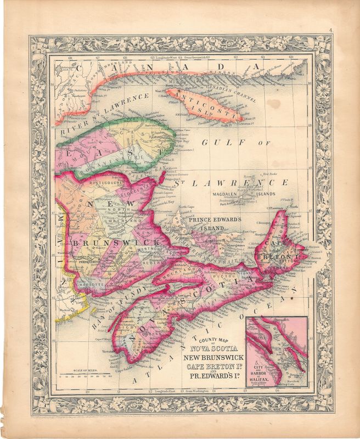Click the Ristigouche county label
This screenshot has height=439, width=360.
(99, 179)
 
